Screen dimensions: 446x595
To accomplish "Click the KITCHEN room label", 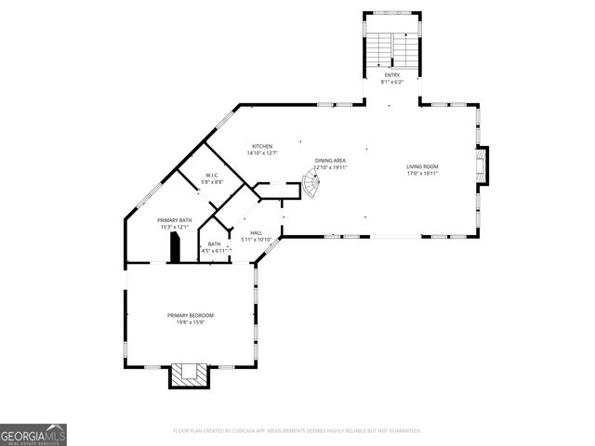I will coord(263,147).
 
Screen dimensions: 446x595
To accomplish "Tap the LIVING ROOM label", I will coord(422,167).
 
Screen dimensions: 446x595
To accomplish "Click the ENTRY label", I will coord(390,76).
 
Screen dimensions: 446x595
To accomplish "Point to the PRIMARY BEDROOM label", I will coord(191,316).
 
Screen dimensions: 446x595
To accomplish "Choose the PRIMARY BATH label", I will coord(174,220).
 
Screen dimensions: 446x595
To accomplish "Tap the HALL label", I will coord(255,233).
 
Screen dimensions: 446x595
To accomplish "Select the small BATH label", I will coord(215,244).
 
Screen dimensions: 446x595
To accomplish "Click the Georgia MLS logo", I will coord(33,435).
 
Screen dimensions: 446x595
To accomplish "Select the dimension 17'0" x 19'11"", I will coord(422,174).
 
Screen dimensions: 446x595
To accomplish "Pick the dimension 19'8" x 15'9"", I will coord(191,322).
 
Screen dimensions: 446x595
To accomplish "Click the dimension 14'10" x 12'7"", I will coord(263,153).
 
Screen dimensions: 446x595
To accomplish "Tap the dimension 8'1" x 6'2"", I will coord(390,83).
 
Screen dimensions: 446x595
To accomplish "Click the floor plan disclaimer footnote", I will coord(297,431).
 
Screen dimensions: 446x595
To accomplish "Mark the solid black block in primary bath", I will coord(173,248).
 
